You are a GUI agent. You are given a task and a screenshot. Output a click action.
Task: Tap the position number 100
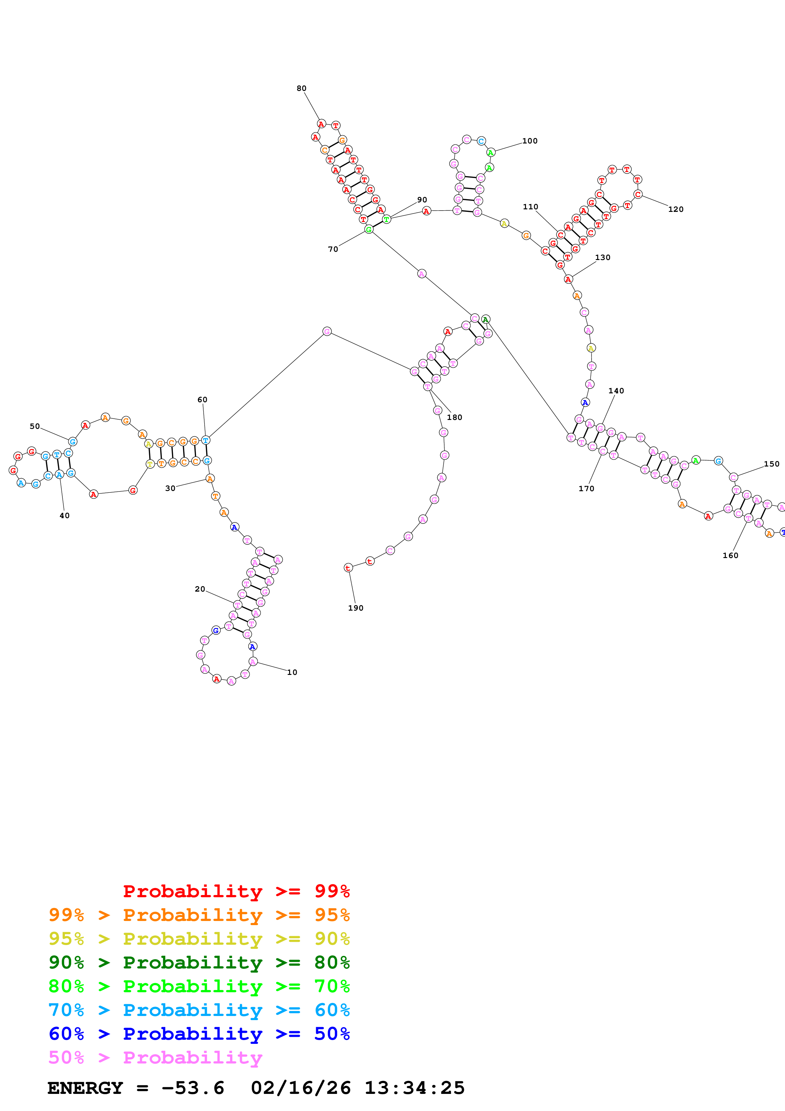pos(530,141)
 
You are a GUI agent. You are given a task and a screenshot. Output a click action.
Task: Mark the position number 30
pos(170,489)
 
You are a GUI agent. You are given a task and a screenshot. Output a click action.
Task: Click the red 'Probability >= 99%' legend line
pos(236,891)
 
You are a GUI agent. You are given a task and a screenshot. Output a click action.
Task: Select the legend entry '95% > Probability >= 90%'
pos(199,939)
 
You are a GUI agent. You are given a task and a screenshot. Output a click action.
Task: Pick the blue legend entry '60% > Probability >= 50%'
pos(199,1034)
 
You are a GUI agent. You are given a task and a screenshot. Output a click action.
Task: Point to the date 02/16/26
pos(301,1088)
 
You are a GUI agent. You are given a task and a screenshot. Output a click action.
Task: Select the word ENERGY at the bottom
pos(85,1088)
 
